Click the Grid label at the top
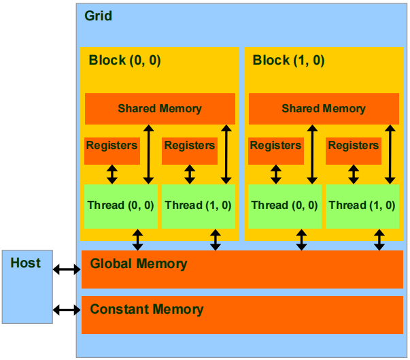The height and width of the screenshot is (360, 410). coord(99,16)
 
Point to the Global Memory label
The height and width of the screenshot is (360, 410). coord(139,263)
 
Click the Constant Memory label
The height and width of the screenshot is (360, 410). coord(147,310)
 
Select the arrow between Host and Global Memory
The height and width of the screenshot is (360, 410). coord(67,269)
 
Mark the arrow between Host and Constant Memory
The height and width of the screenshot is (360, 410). coord(67,310)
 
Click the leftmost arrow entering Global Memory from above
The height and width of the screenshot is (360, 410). coord(138,240)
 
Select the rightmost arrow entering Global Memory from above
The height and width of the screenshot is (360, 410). coord(379,240)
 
